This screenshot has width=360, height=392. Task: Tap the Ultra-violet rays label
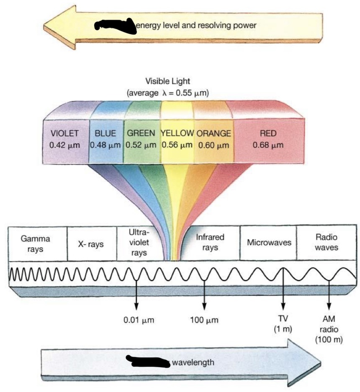(x=139, y=243)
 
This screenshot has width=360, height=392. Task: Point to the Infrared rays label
(x=210, y=242)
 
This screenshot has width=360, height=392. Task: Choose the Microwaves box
(x=269, y=243)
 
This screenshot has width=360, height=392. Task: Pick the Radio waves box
(x=327, y=242)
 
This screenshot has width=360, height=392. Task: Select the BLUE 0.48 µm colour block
(x=105, y=141)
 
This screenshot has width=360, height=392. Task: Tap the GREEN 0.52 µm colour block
(x=141, y=141)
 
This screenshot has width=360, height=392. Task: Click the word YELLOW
(x=177, y=133)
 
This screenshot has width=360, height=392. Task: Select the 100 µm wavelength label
(x=204, y=320)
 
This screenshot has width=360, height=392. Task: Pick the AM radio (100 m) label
(x=329, y=328)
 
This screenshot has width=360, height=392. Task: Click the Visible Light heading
(x=167, y=81)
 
